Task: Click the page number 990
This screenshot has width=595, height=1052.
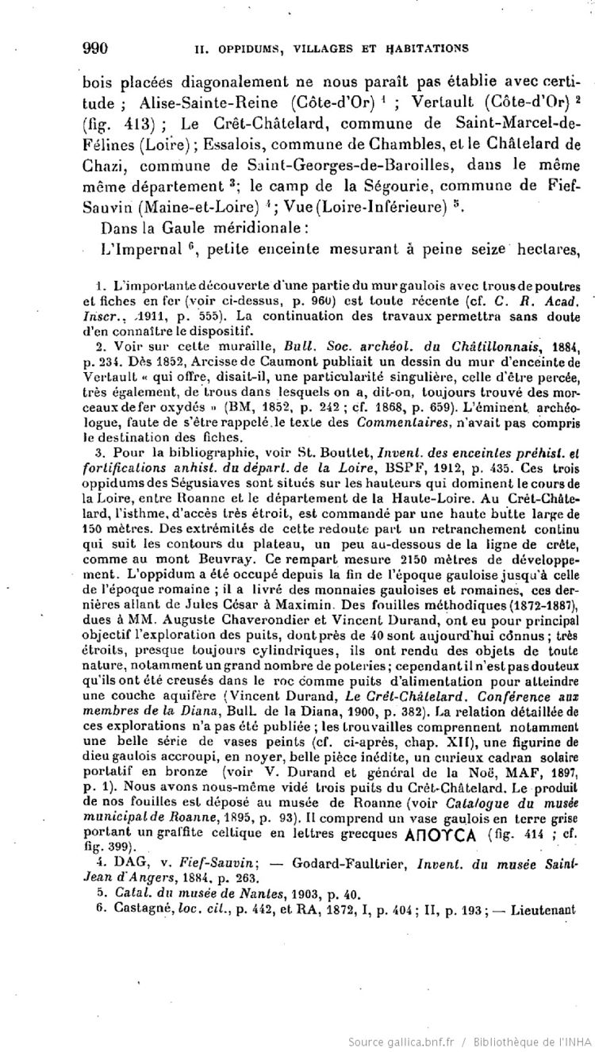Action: (95, 47)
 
